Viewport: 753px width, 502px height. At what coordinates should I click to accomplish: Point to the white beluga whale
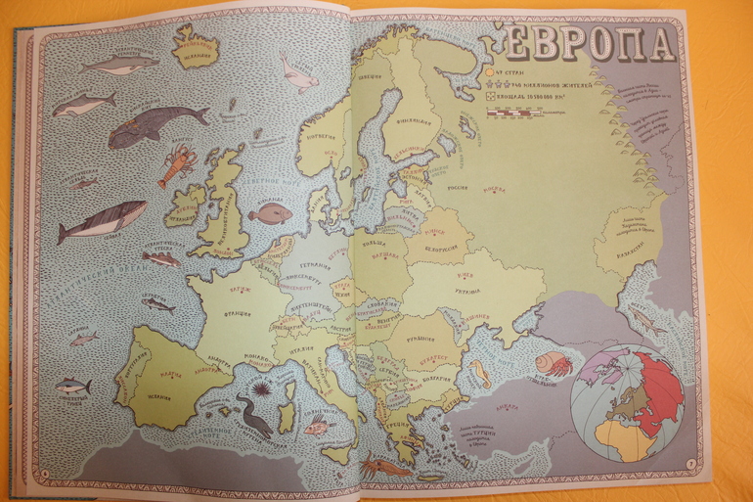click(297, 73)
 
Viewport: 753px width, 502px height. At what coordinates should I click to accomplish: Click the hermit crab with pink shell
click(554, 364)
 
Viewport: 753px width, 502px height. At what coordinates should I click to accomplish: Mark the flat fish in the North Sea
click(270, 213)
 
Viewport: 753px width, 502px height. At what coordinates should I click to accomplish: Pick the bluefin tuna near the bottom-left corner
click(73, 387)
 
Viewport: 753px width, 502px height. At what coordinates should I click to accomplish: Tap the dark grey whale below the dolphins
click(156, 125)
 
